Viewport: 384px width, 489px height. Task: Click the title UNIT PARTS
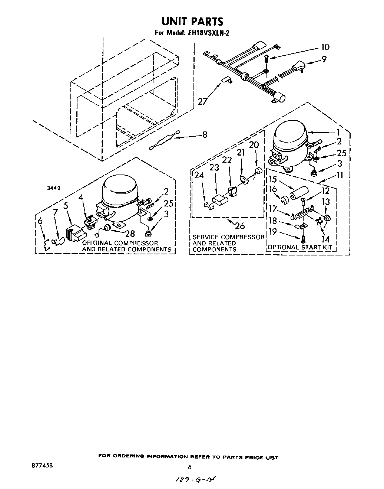pos(192,21)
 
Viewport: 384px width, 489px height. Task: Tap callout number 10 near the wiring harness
pos(325,47)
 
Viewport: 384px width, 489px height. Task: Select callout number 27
pos(202,101)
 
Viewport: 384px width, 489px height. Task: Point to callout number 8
pos(205,135)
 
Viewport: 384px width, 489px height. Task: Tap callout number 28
pos(130,233)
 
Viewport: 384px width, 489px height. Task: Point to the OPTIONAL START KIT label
pos(300,247)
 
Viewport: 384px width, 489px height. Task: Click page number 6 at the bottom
pos(189,467)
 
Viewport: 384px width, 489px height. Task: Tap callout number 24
pos(199,175)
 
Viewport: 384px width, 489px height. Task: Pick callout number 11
pos(340,176)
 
